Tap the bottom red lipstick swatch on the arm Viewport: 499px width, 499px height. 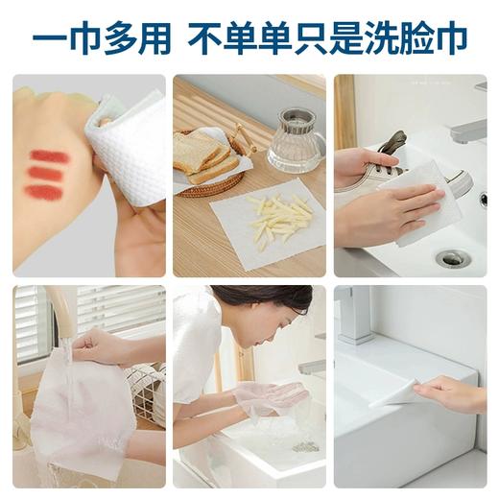(x=44, y=192)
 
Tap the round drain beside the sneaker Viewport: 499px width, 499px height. (x=452, y=257)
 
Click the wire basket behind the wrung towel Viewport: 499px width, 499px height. (x=144, y=389)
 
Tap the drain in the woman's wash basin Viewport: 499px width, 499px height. (x=305, y=445)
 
